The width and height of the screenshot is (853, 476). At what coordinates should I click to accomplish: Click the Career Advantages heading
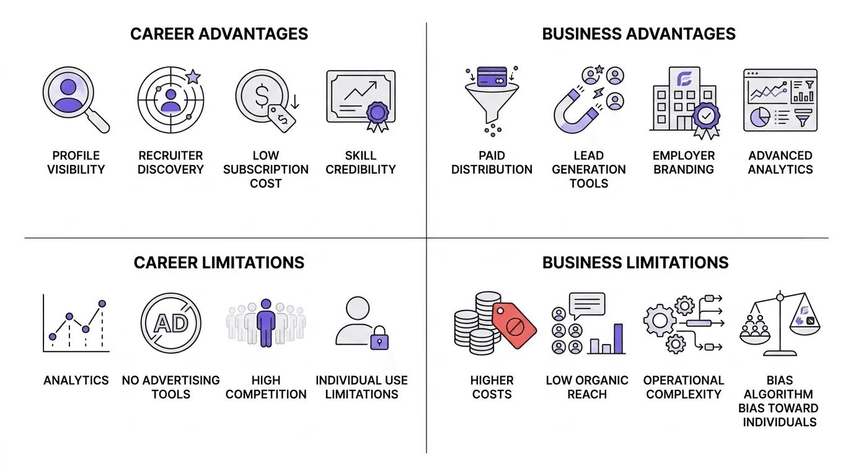(x=219, y=33)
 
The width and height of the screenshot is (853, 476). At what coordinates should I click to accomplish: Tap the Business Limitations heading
(x=635, y=262)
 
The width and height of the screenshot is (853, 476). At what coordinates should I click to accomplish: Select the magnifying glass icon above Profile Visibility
(x=70, y=100)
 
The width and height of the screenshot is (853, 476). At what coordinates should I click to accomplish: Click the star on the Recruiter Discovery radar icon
(x=193, y=77)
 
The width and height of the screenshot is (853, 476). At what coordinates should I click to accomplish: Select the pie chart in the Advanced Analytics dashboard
(x=760, y=117)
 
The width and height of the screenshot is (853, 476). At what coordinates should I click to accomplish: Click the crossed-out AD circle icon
(x=170, y=323)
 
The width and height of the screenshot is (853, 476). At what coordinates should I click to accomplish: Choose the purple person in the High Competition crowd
(x=266, y=322)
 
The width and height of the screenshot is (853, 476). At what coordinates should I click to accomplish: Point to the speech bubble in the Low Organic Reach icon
(x=586, y=304)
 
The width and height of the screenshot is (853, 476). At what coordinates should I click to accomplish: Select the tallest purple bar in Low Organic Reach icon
(x=618, y=338)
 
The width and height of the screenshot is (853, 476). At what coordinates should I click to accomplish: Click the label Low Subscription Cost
(x=266, y=169)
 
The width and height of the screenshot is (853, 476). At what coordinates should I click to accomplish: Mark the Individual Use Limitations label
(x=361, y=387)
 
